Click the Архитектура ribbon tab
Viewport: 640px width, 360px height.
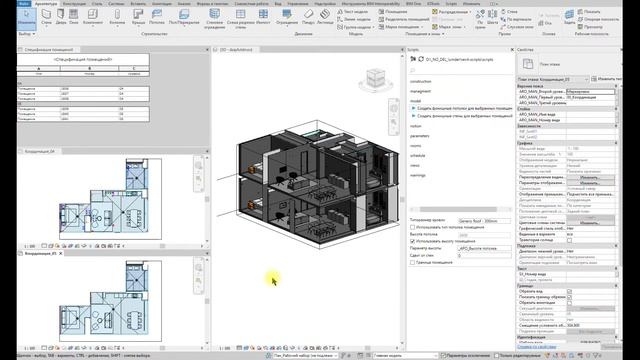click(45, 4)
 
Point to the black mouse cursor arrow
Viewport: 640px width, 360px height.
click(273, 281)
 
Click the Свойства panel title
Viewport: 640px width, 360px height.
click(527, 48)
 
